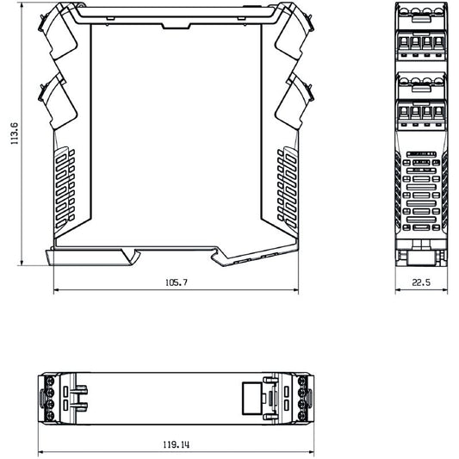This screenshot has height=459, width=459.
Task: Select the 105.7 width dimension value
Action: [x=176, y=282]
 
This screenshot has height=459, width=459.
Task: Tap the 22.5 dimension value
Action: [x=421, y=282]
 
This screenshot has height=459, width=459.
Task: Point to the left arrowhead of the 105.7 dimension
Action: [x=57, y=290]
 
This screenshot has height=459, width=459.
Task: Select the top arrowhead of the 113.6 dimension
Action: [x=24, y=6]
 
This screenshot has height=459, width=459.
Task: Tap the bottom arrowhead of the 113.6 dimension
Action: [x=24, y=262]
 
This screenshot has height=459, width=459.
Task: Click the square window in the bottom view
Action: [x=251, y=399]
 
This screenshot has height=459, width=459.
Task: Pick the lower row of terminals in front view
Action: [x=420, y=113]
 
